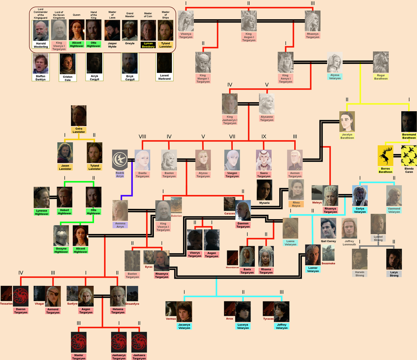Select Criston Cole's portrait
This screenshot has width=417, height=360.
[67, 64]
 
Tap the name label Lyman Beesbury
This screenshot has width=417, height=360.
[148, 45]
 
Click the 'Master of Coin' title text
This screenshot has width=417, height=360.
[148, 14]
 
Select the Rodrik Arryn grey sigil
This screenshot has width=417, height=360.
[120, 160]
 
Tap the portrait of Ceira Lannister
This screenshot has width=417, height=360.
[79, 116]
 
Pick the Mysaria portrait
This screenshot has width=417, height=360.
[264, 189]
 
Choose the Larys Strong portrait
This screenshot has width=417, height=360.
[394, 259]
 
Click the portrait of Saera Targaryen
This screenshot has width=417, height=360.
[264, 160]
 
